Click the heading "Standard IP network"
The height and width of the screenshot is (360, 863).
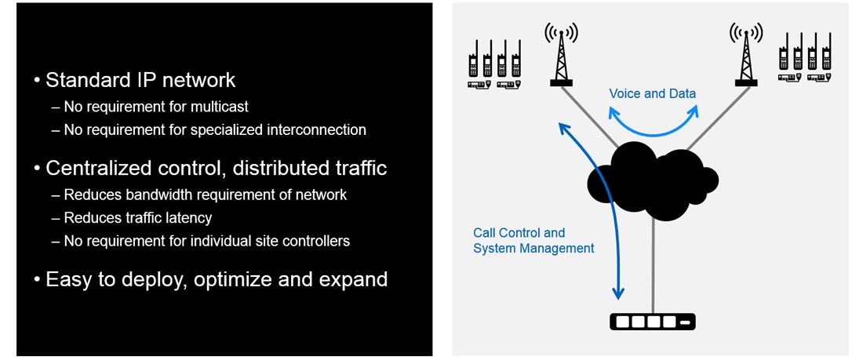(x=140, y=80)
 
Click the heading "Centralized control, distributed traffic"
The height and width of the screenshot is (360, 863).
(x=217, y=169)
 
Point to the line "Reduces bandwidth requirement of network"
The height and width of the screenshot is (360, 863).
(x=206, y=195)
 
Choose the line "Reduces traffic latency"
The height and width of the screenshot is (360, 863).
(x=137, y=218)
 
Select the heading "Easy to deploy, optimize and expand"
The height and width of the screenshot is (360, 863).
(x=217, y=280)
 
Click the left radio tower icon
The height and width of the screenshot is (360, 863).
(x=561, y=54)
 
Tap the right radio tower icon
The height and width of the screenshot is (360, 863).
(x=746, y=54)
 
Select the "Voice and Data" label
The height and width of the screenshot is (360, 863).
(x=652, y=93)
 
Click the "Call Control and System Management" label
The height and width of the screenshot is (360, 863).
(x=533, y=241)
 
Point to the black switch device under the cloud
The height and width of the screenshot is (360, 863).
(x=652, y=322)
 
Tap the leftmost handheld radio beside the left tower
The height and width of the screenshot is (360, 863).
(x=473, y=59)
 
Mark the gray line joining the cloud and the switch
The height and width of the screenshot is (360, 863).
(x=653, y=265)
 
